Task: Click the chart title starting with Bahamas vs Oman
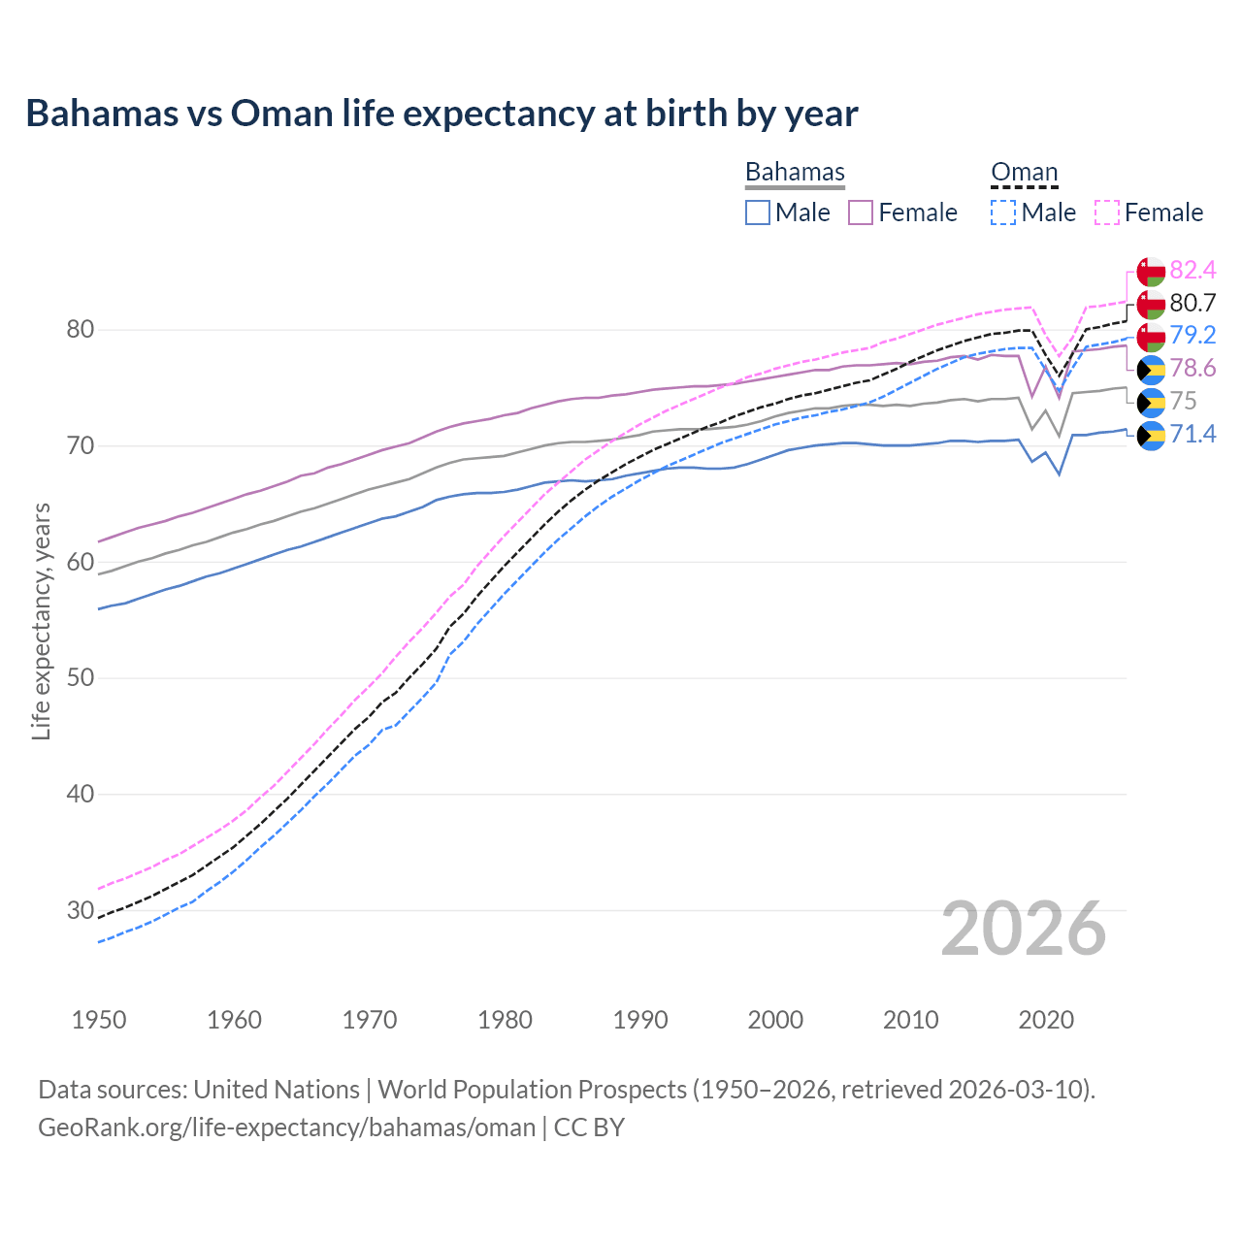coord(441,114)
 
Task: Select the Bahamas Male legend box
coord(758,212)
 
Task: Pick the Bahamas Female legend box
coord(861,212)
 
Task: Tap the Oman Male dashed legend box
coord(1003,212)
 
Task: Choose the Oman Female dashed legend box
coord(1107,212)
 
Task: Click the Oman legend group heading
coord(1024,173)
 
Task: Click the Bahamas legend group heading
coord(795,173)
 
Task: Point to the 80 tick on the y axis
coord(80,330)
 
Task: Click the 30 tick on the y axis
coord(80,910)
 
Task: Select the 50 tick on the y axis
coord(80,678)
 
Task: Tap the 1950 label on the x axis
coord(99,1020)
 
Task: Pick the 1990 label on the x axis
coord(640,1020)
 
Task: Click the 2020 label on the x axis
coord(1046,1020)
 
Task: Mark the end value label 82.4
coord(1193,270)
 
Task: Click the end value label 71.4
coord(1193,434)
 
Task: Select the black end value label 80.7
coord(1193,303)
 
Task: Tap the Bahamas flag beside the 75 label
coord(1151,402)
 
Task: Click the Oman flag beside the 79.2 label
coord(1151,336)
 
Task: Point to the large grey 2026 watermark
coord(1024,929)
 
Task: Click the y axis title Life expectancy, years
coord(41,621)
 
